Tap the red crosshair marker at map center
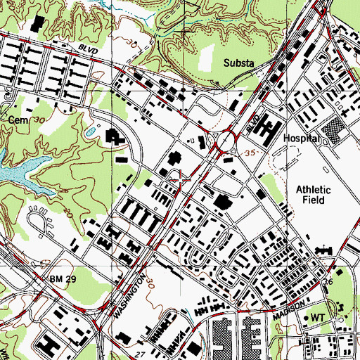click(x=182, y=180)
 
